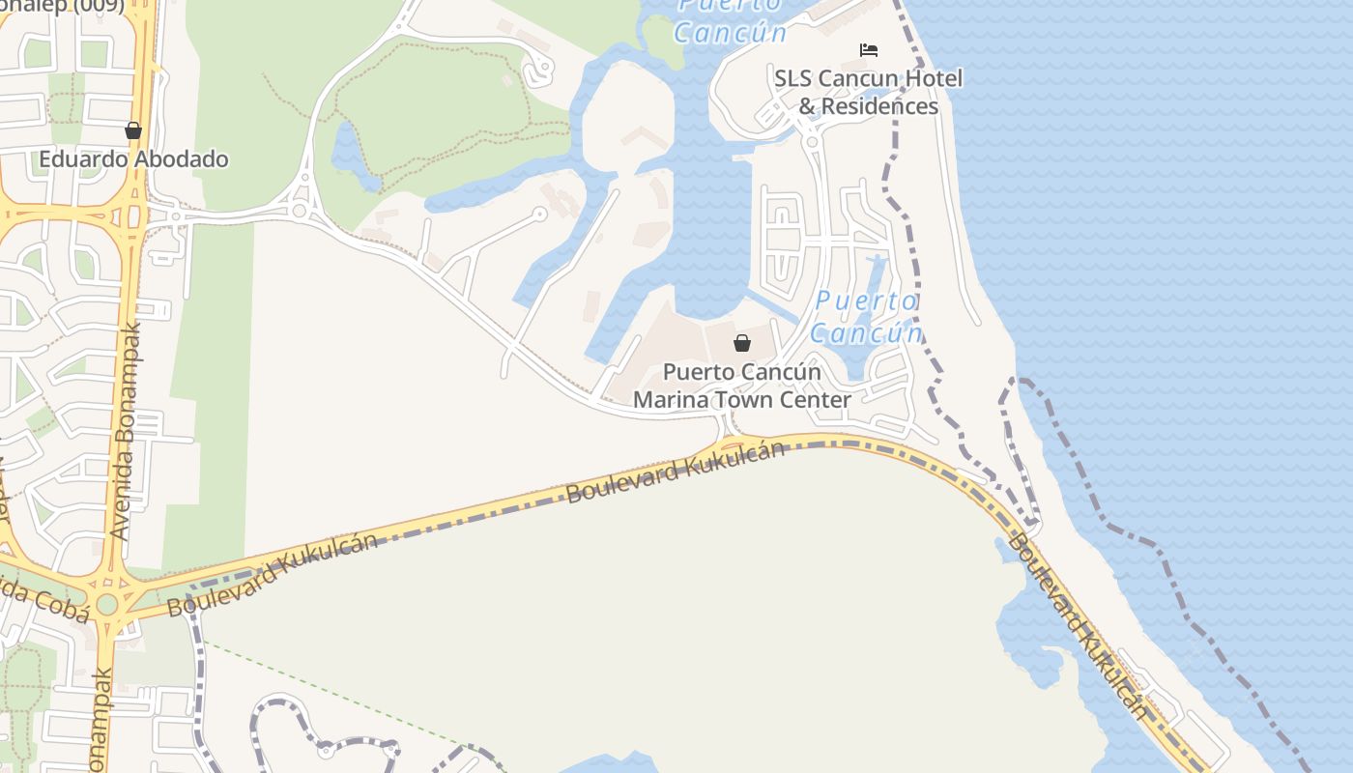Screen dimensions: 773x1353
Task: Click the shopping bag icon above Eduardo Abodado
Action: coord(133,130)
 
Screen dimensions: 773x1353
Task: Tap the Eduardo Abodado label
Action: coord(133,158)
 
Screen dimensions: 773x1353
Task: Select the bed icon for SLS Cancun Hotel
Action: coord(869,50)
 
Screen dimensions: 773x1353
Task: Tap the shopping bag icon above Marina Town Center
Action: coord(741,343)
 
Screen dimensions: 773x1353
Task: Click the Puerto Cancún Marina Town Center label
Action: coord(742,386)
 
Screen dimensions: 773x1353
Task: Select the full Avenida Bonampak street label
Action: coord(126,430)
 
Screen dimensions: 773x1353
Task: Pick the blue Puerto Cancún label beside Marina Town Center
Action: coord(867,317)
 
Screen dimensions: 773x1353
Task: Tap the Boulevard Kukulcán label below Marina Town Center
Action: coord(675,472)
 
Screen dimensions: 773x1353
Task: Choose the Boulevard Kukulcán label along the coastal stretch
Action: coord(1079,626)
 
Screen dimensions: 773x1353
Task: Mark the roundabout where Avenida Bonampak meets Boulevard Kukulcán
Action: coord(107,604)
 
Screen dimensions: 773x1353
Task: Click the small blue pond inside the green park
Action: coord(350,155)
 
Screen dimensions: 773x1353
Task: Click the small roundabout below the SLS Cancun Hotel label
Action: coord(812,142)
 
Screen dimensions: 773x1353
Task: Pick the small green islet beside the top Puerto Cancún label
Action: coord(663,37)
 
